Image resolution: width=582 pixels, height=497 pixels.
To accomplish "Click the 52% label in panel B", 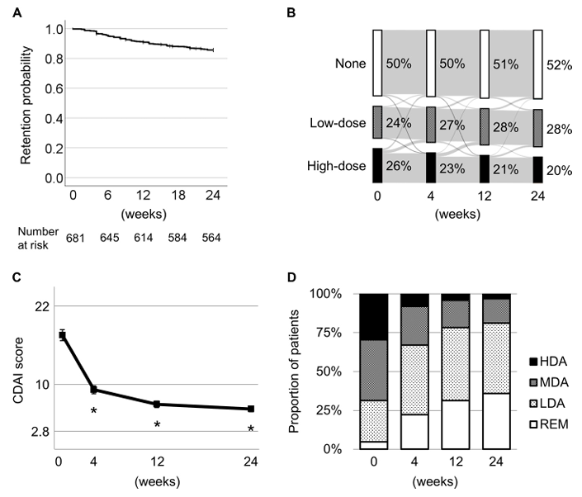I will [x=561, y=65].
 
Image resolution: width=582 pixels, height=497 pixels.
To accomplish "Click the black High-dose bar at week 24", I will [x=537, y=169].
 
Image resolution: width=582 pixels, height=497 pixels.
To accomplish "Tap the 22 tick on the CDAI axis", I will [x=40, y=306].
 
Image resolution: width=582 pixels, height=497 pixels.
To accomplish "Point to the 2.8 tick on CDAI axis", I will [x=36, y=432].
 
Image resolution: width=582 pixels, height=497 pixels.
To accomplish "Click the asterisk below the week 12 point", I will [x=157, y=424].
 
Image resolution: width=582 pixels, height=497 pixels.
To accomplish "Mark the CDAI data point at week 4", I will [x=93, y=390].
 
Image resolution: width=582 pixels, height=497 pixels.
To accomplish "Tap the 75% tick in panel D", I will [x=341, y=333].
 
